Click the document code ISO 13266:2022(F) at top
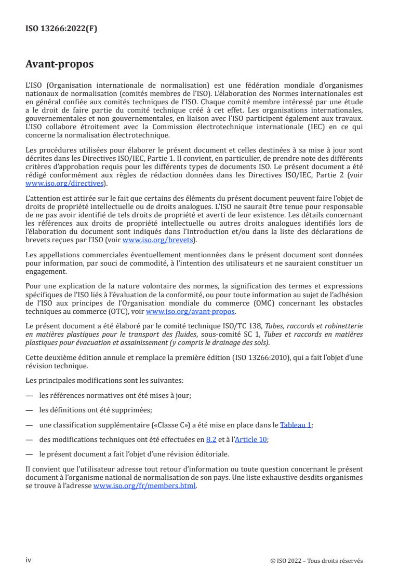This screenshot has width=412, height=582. (x=61, y=29)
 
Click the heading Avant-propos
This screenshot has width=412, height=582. (x=60, y=65)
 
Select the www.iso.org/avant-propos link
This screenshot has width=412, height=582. (x=191, y=311)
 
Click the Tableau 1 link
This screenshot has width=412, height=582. (x=296, y=424)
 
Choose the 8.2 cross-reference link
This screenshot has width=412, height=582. (x=210, y=439)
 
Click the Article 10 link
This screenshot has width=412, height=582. (x=251, y=439)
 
